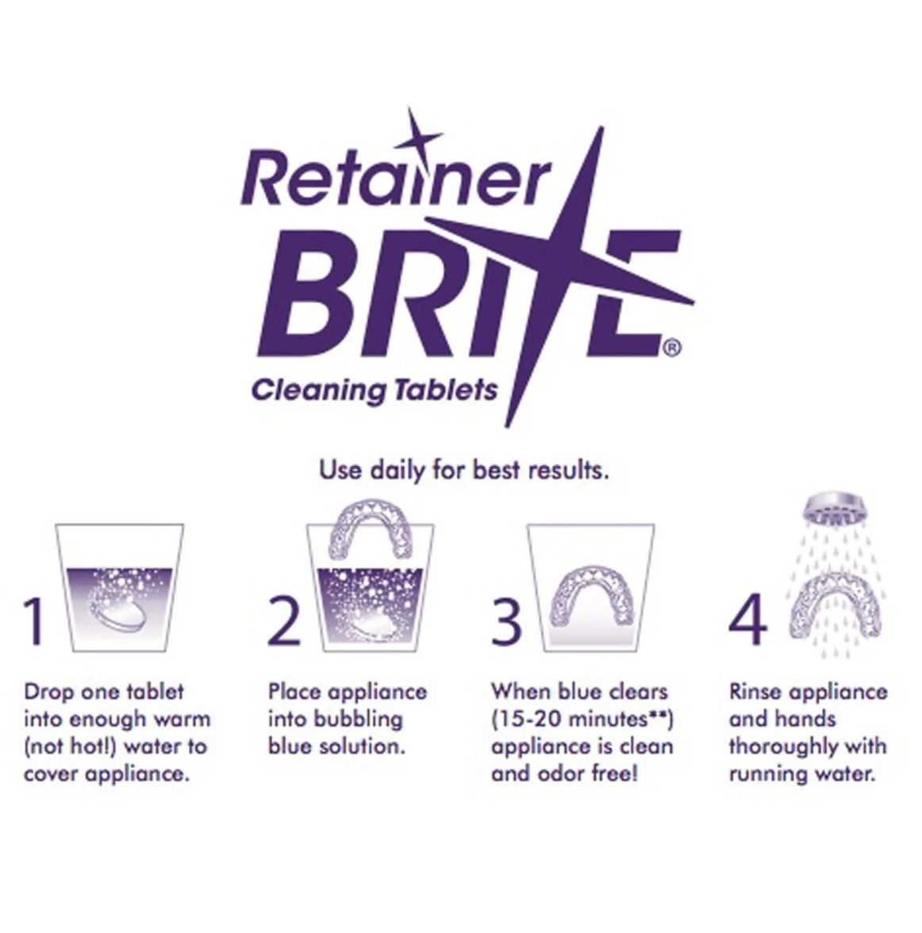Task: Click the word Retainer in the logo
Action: [x=393, y=179]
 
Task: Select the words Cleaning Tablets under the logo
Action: [x=374, y=391]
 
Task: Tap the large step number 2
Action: [x=284, y=622]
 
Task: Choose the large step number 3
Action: [x=506, y=622]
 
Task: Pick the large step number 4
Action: [x=748, y=622]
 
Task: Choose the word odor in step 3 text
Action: [x=564, y=774]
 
